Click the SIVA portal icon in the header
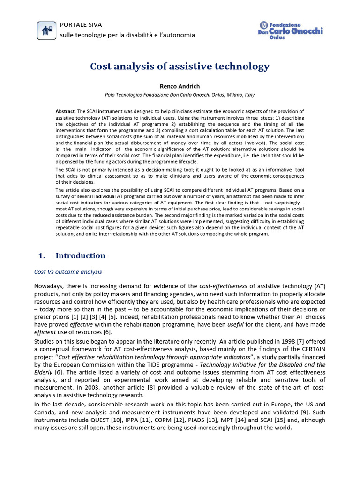(x=46, y=30)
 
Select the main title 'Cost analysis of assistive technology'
(x=180, y=67)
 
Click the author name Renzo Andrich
(x=180, y=86)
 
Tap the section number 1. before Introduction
(x=41, y=255)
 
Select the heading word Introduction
(x=80, y=255)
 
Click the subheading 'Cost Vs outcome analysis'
(x=68, y=272)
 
